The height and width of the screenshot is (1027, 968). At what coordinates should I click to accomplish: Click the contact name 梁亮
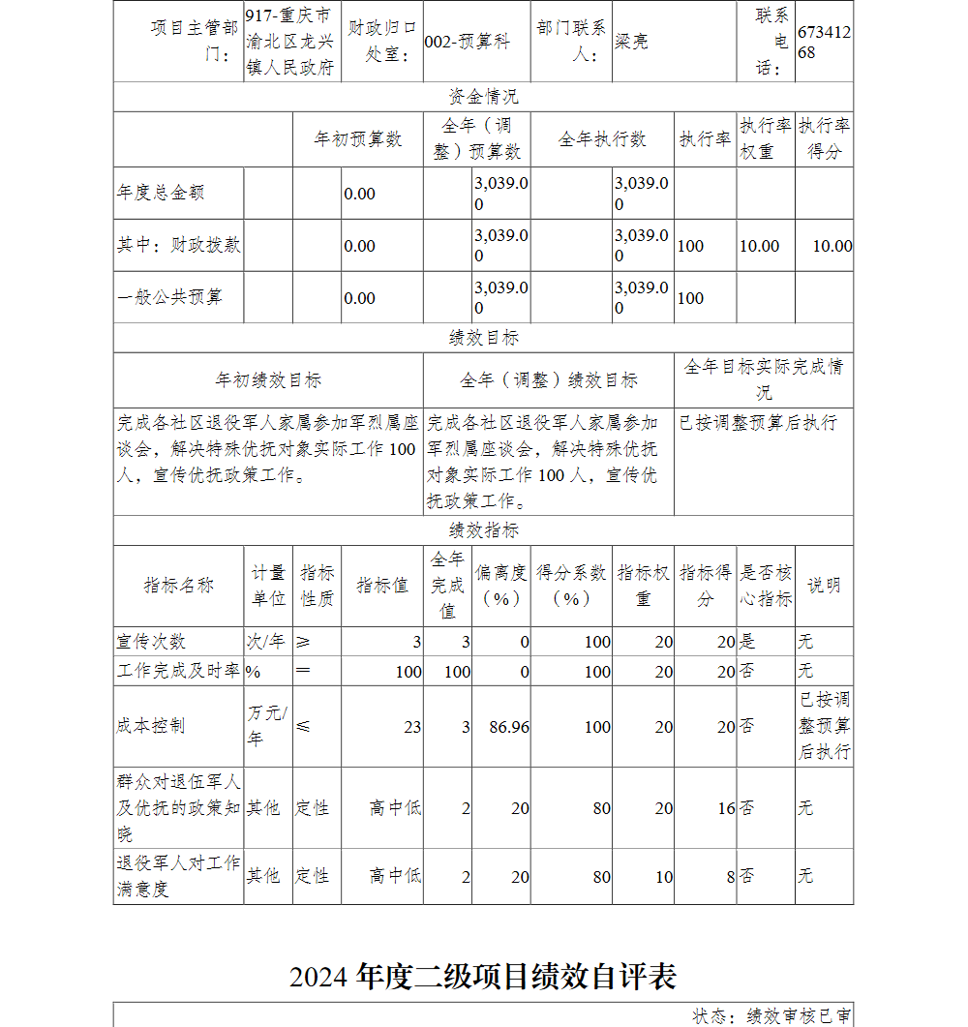point(631,43)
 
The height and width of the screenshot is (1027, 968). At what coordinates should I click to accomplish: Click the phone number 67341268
point(824,43)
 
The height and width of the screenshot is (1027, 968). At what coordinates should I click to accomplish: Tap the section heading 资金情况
point(483,97)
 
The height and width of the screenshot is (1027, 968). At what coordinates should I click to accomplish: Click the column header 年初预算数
point(357,139)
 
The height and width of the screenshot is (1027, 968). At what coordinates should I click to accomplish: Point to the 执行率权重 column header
point(765,139)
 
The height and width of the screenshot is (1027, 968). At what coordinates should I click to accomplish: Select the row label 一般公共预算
point(169,297)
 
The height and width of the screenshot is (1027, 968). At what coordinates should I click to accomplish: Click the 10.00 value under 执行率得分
point(832,246)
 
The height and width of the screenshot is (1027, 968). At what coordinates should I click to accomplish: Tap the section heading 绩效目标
point(483,338)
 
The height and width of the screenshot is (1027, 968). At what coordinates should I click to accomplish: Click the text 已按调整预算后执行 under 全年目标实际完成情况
point(758,423)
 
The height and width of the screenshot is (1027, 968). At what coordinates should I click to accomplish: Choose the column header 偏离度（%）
point(500,586)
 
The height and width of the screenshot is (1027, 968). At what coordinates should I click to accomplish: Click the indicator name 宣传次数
point(151,642)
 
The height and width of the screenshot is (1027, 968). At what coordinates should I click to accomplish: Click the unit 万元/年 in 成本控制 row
point(267,726)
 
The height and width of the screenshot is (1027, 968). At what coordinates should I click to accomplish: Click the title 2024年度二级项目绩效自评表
point(483,977)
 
